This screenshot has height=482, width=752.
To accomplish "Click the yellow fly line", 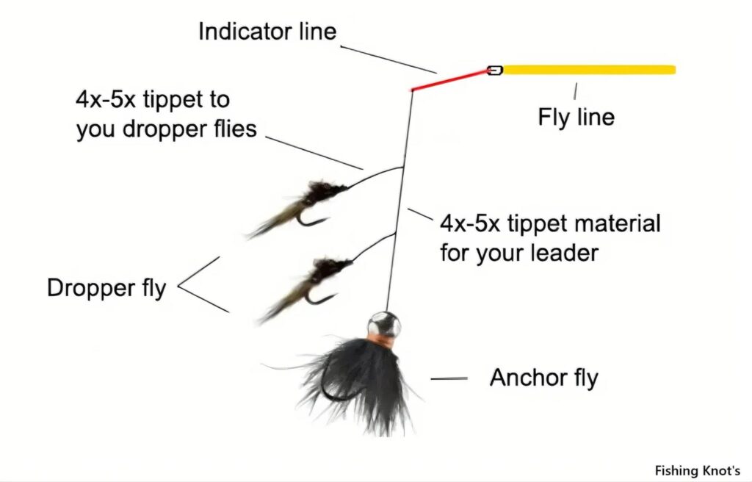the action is click(589, 70).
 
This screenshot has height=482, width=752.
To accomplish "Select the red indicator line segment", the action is click(449, 80).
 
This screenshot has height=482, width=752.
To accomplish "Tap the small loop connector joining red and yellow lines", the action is click(494, 71).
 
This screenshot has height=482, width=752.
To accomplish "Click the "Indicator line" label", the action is click(267, 32).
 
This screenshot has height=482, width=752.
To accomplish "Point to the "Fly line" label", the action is click(576, 117).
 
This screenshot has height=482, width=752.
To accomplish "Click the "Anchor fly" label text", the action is click(544, 378).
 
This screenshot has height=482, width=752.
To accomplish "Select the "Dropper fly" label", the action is click(106, 288).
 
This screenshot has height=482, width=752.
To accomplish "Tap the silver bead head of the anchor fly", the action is click(383, 323).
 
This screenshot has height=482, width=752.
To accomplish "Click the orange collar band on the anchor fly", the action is click(381, 342).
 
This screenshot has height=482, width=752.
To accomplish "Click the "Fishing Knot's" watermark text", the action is click(698, 470).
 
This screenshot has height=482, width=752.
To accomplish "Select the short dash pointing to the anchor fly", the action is click(449, 379).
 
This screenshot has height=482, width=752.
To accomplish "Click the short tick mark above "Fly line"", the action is click(575, 91).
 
